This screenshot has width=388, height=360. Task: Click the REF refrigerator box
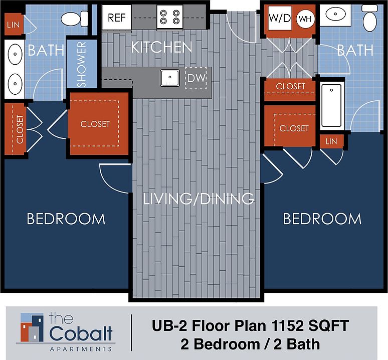point(116,18)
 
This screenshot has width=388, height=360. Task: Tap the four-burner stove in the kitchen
point(170,17)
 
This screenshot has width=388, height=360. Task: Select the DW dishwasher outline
point(196,78)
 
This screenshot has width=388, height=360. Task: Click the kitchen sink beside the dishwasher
point(170,78)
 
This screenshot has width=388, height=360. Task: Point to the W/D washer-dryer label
point(280,18)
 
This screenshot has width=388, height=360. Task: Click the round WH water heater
point(305,19)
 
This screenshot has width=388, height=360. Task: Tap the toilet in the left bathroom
point(75,19)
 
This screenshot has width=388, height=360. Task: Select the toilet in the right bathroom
point(369,18)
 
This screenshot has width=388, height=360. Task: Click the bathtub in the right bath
point(331,105)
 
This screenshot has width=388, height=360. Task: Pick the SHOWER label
point(81,64)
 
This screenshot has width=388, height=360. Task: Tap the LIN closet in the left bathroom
point(14,25)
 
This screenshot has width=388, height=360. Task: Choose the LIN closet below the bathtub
point(331,141)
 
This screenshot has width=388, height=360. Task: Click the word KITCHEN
point(161,47)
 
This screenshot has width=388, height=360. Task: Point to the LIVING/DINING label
point(199,199)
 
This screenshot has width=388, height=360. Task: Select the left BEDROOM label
point(66,219)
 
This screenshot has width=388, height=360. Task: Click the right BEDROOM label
point(322,219)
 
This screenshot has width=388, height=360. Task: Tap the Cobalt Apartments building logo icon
point(32,327)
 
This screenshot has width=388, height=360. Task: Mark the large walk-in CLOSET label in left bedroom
point(95,124)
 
